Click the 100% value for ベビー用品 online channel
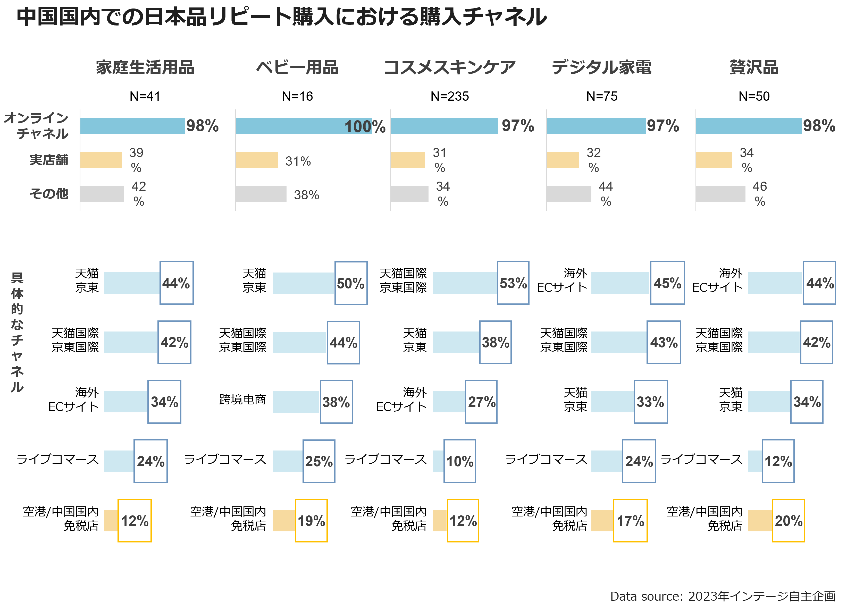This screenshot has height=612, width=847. pos(365,126)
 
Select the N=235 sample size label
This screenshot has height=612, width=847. pos(450,96)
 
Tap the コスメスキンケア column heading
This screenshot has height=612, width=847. pos(450,67)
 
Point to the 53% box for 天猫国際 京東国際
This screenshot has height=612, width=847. pos(513,283)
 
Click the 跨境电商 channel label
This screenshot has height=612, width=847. pos(242,399)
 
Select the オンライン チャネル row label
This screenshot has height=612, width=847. pos(36,126)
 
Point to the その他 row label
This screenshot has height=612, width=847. pos(49,193)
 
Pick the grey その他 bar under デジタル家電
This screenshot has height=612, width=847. pos(569,194)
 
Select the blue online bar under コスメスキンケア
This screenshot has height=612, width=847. pos(445,126)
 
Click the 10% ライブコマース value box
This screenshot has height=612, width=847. pos(460,461)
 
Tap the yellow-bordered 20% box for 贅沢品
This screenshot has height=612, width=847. pos(788,521)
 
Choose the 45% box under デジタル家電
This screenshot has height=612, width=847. pos(667,283)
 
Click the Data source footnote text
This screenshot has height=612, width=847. pos(723,596)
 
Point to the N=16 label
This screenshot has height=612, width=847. pos(297,96)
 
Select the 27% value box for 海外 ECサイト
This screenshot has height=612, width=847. pos(481,402)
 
